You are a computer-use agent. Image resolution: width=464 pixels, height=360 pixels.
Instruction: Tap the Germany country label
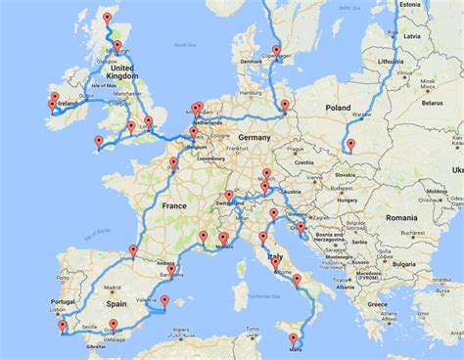coord(253,138)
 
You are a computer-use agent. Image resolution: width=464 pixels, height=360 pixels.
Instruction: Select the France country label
coord(173,206)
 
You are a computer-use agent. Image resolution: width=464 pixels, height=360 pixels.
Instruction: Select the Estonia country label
coord(410,4)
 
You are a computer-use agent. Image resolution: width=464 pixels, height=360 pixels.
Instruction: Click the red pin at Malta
coord(293,339)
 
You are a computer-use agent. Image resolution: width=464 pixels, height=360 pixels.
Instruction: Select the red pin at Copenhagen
coord(276,51)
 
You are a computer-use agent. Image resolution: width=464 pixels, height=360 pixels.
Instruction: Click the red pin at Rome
coord(276,263)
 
